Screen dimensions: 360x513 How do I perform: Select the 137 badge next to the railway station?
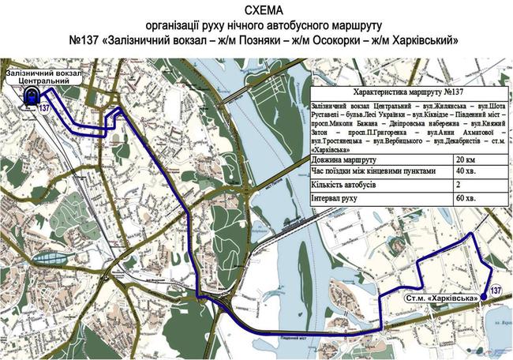click(x=45, y=108)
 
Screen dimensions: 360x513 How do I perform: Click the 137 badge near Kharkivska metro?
click(x=495, y=291)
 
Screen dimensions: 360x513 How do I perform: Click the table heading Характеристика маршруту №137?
click(x=409, y=92)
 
